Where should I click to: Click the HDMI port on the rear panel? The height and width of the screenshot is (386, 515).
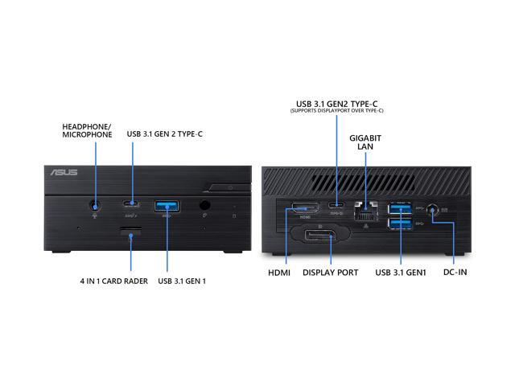pyautogui.click(x=304, y=208)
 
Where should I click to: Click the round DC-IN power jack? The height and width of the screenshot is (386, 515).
pyautogui.click(x=434, y=211)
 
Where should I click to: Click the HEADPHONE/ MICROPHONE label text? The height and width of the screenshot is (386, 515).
pyautogui.click(x=87, y=129)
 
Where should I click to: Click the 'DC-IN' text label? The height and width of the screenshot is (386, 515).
pyautogui.click(x=455, y=272)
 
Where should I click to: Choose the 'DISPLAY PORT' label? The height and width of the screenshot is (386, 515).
pyautogui.click(x=330, y=272)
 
